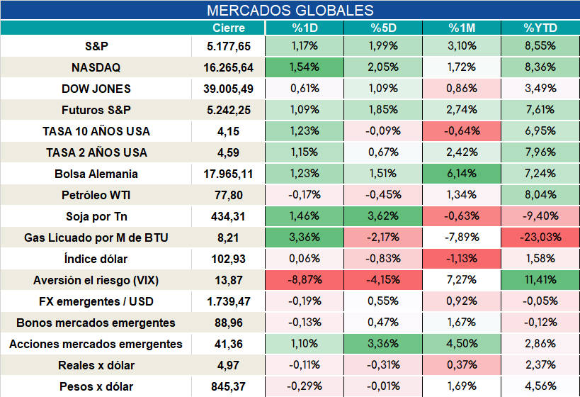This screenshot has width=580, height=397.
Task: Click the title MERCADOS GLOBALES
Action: tap(290, 11)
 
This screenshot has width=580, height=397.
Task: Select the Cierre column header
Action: tap(229, 28)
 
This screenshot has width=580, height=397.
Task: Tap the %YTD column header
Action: tap(540, 28)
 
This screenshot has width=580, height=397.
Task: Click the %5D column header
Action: tap(383, 28)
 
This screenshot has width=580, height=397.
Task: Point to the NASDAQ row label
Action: tap(96, 67)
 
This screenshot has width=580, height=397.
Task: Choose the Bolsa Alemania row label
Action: tap(96, 174)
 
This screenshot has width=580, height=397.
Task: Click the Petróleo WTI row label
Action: tap(96, 195)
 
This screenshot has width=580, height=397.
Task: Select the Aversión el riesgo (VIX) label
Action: tap(96, 280)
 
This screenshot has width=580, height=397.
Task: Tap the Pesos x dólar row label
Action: tap(96, 386)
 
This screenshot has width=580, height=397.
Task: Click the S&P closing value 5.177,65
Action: tap(229, 46)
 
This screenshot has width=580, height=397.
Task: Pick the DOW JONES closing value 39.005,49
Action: tap(228, 89)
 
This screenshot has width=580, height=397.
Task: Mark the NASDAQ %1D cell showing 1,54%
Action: tap(305, 67)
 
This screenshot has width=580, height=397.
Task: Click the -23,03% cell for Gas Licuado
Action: tap(540, 237)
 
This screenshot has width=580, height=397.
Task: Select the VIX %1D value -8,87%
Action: tap(305, 279)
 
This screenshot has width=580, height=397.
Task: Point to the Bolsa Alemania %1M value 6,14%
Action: tap(462, 173)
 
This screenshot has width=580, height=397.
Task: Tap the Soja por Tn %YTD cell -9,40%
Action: tap(540, 216)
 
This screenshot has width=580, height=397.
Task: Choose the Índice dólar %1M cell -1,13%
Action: tap(462, 259)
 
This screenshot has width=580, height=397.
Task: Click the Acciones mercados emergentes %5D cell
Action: tap(383, 343)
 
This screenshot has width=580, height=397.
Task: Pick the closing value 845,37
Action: tap(228, 386)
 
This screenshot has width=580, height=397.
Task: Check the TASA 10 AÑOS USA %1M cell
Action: tap(462, 130)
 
